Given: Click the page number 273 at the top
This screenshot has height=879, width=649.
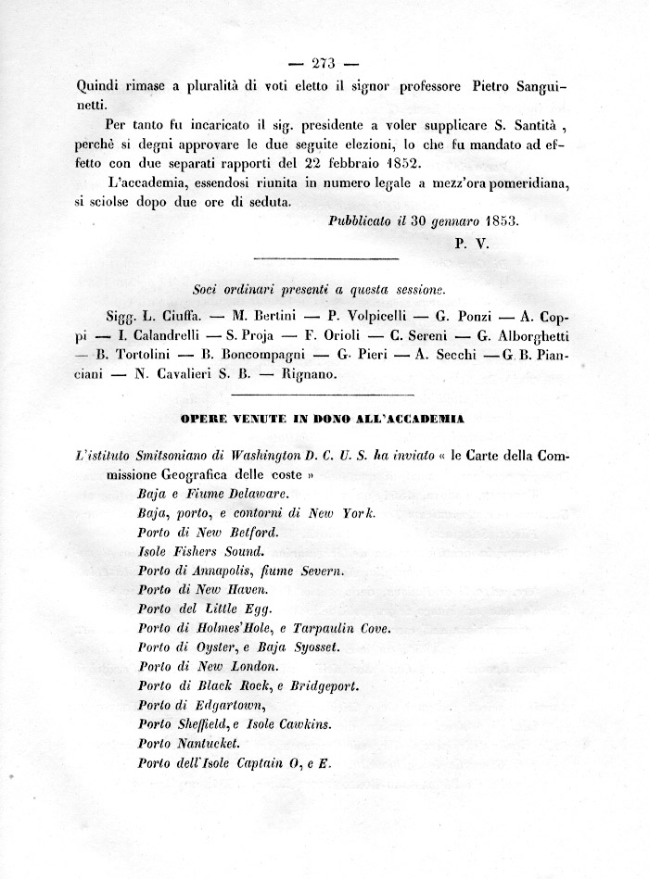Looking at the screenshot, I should point(324,64).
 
